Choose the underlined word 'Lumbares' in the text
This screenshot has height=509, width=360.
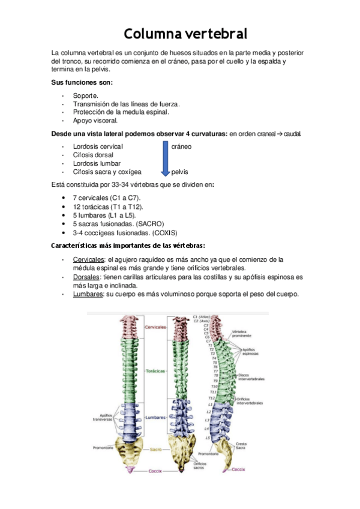pyautogui.click(x=88, y=294)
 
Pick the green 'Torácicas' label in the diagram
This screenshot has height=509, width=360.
pyautogui.click(x=155, y=372)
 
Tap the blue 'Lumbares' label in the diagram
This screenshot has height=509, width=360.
pyautogui.click(x=156, y=418)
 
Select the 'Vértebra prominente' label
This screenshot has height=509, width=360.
pyautogui.click(x=242, y=334)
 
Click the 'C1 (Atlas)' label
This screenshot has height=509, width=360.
pyautogui.click(x=203, y=316)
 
